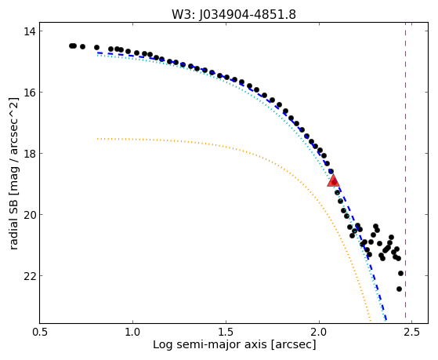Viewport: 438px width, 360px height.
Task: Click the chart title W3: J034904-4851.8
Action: (233, 14)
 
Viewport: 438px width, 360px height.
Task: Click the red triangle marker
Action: (333, 180)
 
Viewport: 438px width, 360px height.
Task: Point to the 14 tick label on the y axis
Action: (29, 31)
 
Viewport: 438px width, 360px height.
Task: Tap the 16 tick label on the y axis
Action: (29, 93)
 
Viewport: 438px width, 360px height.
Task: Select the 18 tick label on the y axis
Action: (29, 154)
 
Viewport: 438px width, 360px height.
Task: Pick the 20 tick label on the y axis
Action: (29, 215)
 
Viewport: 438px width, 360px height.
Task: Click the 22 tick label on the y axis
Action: (29, 276)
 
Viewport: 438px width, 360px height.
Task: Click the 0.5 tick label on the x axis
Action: (40, 333)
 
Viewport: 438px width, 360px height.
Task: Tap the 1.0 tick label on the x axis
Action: (132, 333)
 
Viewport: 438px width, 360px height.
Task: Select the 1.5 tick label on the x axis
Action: (226, 333)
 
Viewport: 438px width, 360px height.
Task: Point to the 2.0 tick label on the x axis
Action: (319, 333)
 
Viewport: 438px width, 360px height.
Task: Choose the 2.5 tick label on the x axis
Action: (412, 333)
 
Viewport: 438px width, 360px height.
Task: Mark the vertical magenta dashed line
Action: (405, 173)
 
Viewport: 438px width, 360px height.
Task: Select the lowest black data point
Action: (399, 289)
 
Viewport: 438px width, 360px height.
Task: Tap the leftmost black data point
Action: (71, 45)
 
